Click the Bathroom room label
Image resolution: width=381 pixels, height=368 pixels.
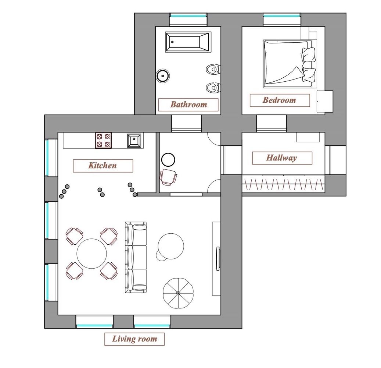[188, 105]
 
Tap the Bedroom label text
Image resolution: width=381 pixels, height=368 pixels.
[280, 100]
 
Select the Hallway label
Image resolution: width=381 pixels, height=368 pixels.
[282, 158]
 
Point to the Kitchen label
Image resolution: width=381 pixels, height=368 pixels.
[103, 166]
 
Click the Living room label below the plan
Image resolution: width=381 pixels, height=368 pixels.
[134, 339]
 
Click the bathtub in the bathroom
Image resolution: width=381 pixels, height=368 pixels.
[188, 42]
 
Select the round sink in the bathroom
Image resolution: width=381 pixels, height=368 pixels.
[162, 76]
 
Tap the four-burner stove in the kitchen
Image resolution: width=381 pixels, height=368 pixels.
[103, 141]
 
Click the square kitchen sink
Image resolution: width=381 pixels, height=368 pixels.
[134, 141]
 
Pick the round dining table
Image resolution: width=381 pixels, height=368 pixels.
[91, 254]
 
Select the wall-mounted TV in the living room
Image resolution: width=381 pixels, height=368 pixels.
[218, 258]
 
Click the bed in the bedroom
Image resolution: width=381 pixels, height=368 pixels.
[290, 64]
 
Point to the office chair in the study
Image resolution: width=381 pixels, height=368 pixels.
[168, 177]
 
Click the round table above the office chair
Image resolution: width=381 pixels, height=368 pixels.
[168, 160]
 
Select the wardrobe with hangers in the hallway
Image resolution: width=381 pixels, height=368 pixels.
[284, 184]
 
